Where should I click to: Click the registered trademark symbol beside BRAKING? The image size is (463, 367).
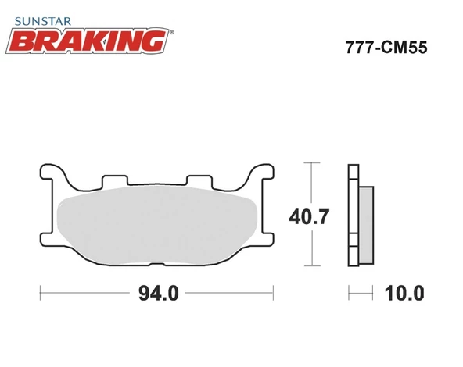172,32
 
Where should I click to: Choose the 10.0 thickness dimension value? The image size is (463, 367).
404,294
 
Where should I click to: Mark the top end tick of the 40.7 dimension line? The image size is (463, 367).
313,163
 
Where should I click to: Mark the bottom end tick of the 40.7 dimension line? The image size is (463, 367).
313,266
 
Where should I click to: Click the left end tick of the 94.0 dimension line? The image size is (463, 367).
40,294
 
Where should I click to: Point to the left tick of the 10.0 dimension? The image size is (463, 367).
349,294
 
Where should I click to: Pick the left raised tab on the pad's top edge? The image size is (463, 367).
115,180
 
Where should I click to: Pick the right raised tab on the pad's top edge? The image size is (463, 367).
199,180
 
